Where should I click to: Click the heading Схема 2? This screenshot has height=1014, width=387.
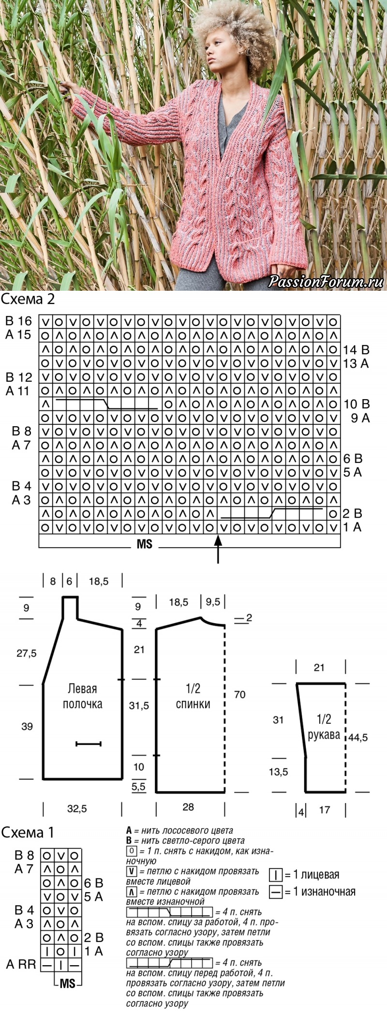(x=28, y=299)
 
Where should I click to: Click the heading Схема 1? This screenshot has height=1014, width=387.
(x=28, y=832)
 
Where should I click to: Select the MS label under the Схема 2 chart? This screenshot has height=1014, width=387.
(x=145, y=544)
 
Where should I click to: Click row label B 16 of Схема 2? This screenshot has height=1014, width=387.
(x=18, y=321)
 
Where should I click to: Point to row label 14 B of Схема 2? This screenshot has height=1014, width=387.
(x=357, y=349)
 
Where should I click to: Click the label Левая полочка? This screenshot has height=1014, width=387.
(x=82, y=696)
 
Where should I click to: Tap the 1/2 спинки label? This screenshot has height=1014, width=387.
(x=193, y=696)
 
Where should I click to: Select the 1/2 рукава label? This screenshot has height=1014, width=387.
(x=324, y=727)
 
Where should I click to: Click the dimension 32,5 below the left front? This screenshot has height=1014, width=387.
(x=77, y=808)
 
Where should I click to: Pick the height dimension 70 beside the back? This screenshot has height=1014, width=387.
(x=239, y=695)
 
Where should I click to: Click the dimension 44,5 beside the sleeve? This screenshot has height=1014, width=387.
(x=358, y=737)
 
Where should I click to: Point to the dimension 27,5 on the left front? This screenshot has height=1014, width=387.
(x=26, y=653)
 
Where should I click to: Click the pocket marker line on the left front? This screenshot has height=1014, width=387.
(x=89, y=744)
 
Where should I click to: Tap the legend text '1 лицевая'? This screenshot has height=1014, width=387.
(x=317, y=875)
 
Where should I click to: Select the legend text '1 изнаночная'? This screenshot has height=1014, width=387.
(x=325, y=892)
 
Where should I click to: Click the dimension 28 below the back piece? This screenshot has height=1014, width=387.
(x=188, y=806)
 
